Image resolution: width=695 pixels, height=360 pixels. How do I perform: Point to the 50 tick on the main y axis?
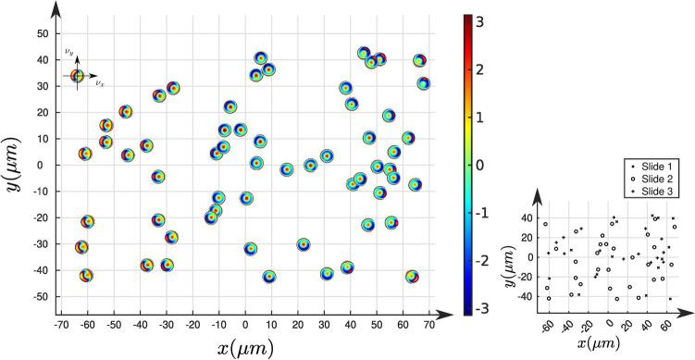pos(41,33)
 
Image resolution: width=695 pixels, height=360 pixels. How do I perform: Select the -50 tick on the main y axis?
pos(39,297)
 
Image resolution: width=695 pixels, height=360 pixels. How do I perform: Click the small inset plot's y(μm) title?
pos(509,258)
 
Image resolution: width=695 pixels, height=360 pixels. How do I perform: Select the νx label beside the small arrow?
pos(99,83)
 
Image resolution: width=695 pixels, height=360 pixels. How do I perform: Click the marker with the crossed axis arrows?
pos(78,76)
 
